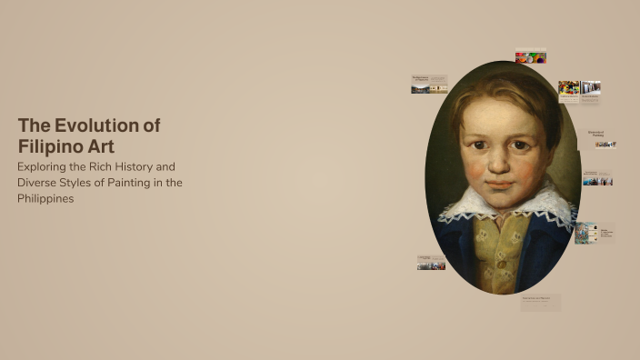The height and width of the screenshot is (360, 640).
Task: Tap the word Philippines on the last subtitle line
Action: pyautogui.click(x=45, y=198)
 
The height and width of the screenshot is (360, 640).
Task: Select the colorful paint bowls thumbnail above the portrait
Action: pyautogui.click(x=530, y=56)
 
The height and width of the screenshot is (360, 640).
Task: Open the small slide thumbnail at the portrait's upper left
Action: pyautogui.click(x=429, y=85)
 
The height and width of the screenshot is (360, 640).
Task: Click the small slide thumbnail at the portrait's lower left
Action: pyautogui.click(x=431, y=263)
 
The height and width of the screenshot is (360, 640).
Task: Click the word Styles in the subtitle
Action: pyautogui.click(x=81, y=183)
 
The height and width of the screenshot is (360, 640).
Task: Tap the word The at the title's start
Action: pyautogui.click(x=33, y=126)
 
